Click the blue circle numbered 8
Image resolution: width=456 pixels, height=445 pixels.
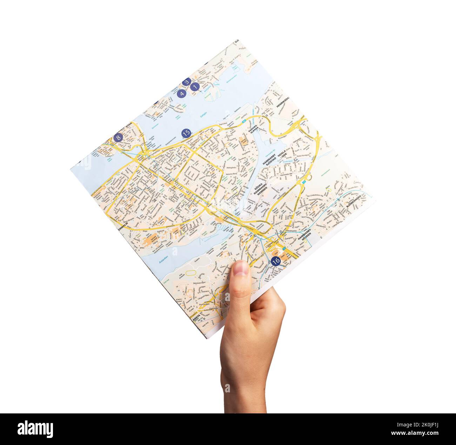point(118,138)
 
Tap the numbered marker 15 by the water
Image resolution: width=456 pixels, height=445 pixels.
point(186,133)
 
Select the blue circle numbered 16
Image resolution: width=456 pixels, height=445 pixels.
point(276,261)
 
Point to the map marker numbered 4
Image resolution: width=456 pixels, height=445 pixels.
point(181,94)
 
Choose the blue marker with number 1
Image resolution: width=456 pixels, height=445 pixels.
point(195,86)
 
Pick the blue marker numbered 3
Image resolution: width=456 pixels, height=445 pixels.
point(187,82)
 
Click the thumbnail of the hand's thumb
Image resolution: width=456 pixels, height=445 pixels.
point(241,268)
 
